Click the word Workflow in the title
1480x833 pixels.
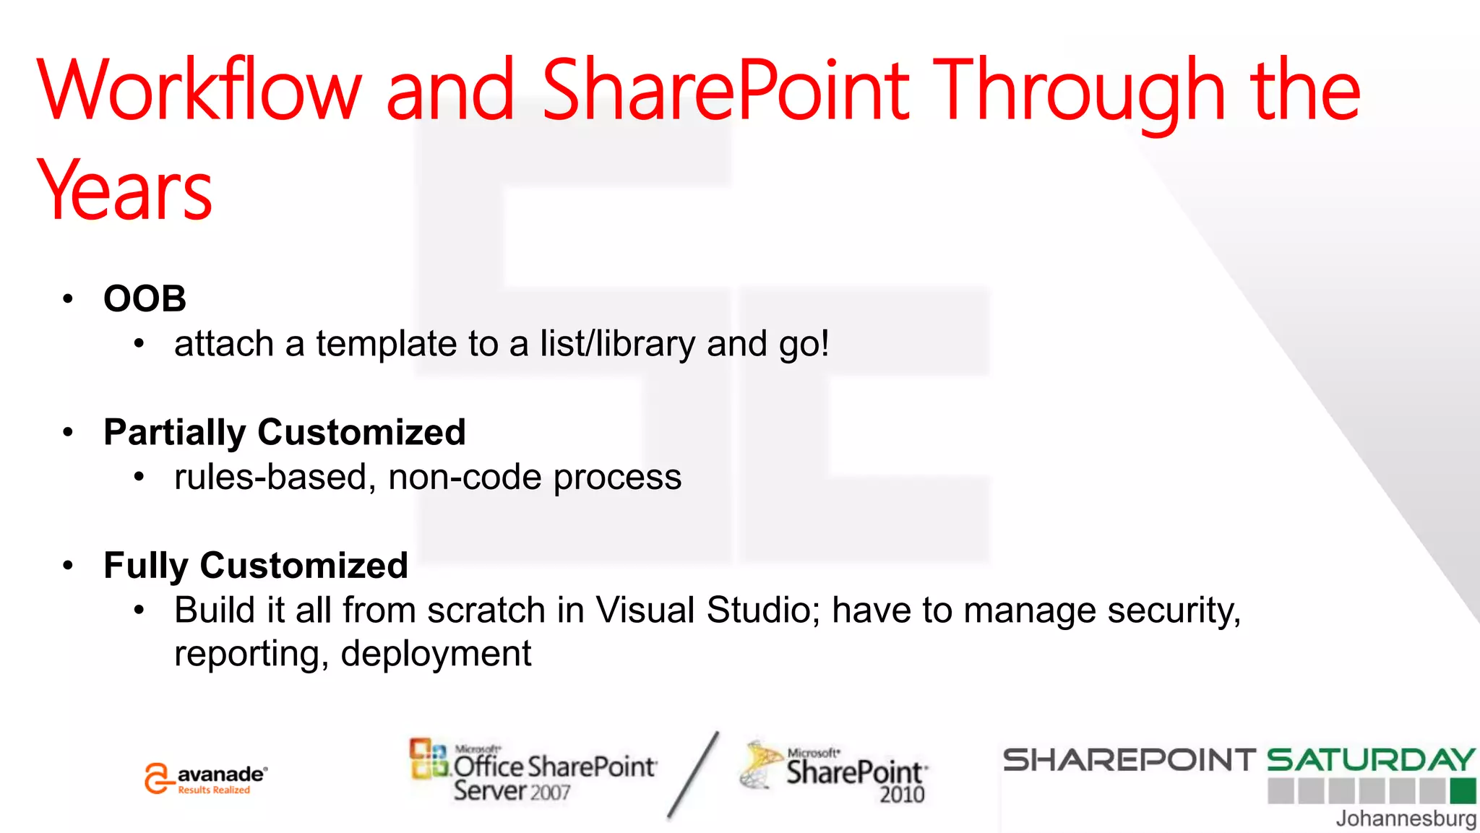(199, 90)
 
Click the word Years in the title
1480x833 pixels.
(124, 191)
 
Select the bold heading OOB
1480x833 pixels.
(145, 298)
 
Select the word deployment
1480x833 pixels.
(436, 654)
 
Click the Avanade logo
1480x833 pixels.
(205, 779)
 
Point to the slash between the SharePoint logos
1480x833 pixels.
(692, 774)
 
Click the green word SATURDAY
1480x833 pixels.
(1370, 760)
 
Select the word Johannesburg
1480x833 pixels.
(1406, 819)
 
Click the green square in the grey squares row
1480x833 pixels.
(1463, 791)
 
